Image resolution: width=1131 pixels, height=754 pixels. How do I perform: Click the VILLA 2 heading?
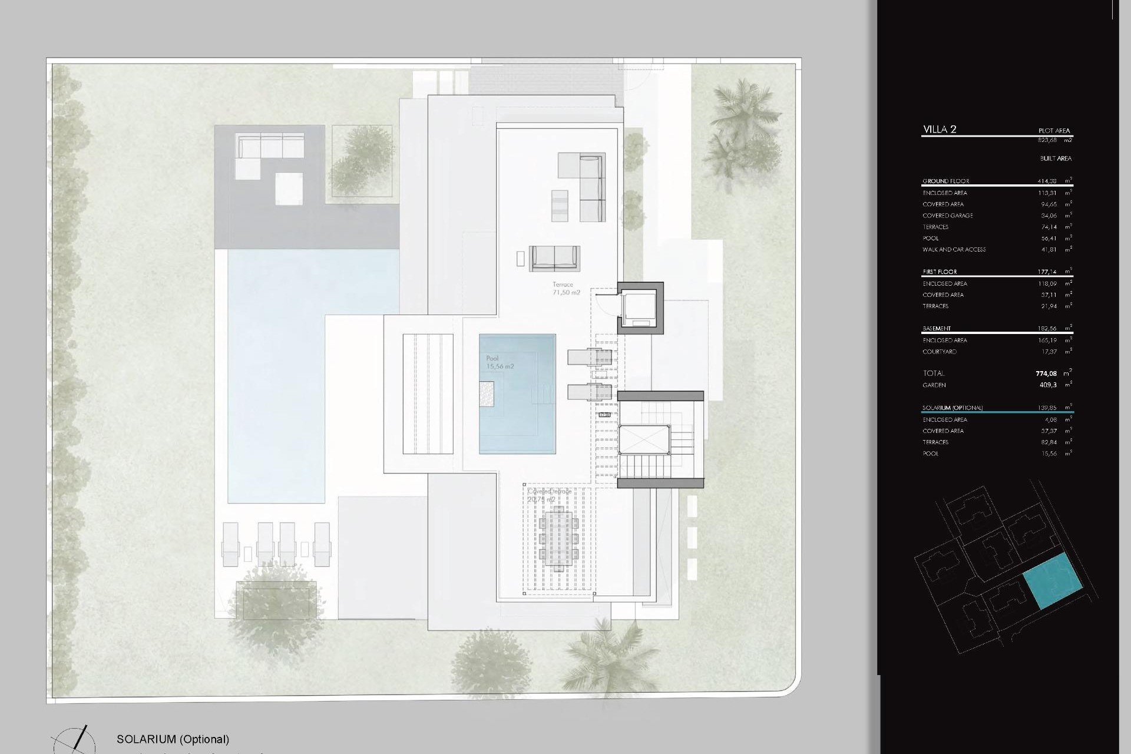click(940, 130)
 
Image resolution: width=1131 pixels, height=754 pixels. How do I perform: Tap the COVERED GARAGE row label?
click(947, 216)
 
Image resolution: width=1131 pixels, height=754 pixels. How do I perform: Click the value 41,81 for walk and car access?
click(1049, 250)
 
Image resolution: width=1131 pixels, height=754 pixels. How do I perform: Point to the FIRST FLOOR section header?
click(940, 272)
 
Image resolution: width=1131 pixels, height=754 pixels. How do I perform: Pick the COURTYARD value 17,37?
click(1049, 352)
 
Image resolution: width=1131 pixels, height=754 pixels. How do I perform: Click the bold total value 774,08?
click(1046, 373)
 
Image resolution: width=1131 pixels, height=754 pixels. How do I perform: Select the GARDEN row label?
click(934, 385)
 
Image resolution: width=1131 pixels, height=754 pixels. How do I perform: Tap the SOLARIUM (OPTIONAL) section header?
click(952, 408)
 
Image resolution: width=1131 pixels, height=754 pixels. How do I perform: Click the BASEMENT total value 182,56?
click(1047, 329)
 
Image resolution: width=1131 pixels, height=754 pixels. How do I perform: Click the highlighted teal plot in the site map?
click(1053, 581)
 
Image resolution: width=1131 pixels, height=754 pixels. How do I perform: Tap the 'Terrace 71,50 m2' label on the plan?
click(566, 289)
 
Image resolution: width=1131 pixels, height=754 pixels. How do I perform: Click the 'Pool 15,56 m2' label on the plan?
click(500, 362)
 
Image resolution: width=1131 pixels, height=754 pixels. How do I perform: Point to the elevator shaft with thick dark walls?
click(640, 308)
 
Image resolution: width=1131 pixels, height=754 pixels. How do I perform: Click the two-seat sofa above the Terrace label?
click(554, 258)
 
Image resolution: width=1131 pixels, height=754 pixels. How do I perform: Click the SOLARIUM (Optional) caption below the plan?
click(173, 739)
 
